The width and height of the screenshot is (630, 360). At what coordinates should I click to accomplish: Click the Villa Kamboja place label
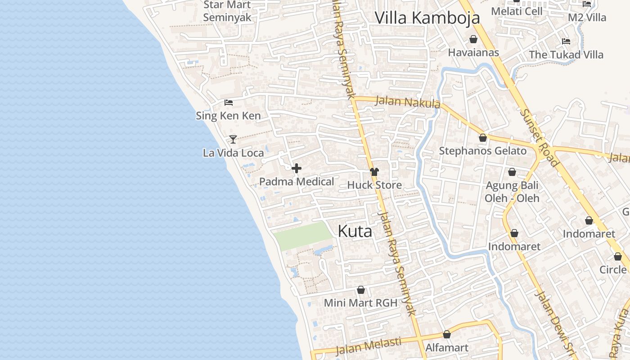(x=427, y=18)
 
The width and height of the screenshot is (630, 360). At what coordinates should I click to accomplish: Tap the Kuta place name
(x=355, y=231)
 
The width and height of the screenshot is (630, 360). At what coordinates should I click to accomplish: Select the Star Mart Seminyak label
(x=227, y=11)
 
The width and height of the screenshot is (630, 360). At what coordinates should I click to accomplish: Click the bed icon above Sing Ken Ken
(x=229, y=103)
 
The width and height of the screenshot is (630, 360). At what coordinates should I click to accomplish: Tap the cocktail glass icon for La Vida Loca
(x=233, y=139)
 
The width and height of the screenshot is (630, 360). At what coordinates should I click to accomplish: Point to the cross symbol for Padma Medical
(x=297, y=169)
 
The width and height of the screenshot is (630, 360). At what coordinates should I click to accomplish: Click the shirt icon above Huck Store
(x=374, y=171)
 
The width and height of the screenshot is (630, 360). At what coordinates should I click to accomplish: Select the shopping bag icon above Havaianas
(x=473, y=40)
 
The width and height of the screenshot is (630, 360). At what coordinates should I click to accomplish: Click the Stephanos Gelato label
(x=482, y=151)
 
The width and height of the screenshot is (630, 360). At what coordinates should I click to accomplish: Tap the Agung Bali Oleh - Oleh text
(x=512, y=192)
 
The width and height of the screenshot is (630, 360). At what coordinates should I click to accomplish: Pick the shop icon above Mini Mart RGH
(x=360, y=290)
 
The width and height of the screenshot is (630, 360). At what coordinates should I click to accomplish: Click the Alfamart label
(x=447, y=348)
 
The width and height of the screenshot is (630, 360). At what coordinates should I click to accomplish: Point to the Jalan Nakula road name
(x=407, y=102)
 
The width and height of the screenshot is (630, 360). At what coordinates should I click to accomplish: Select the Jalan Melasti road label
(x=369, y=346)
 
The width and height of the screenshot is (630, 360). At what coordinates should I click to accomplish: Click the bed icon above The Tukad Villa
(x=566, y=41)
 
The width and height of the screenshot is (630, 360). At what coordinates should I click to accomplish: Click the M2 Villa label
(x=587, y=18)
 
